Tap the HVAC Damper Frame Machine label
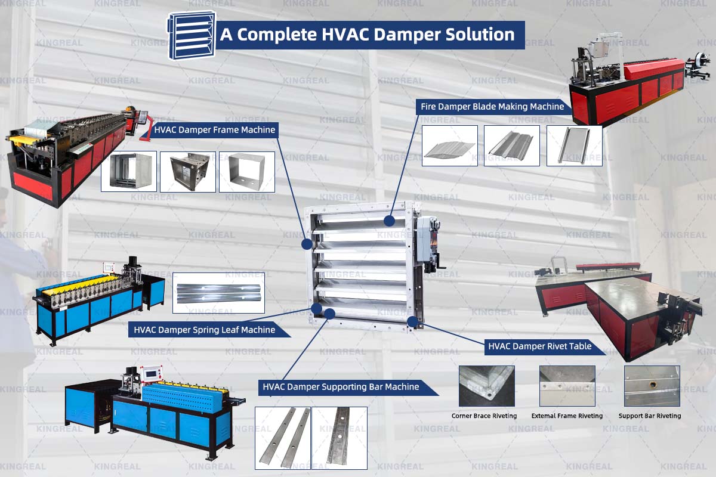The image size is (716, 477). [214, 130]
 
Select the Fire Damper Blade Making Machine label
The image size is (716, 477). [492, 107]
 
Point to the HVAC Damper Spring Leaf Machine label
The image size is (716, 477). [205, 330]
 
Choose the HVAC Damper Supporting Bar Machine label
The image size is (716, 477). [341, 387]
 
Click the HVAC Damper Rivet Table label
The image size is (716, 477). [539, 346]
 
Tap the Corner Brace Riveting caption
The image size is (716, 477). [484, 416]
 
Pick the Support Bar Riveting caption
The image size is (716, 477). [650, 416]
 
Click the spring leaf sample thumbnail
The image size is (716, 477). [218, 293]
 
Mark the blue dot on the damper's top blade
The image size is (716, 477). [389, 221]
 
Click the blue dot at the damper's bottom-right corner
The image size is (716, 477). [412, 321]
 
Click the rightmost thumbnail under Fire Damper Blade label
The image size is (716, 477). [574, 145]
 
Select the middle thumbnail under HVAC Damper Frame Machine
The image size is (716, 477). [188, 172]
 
